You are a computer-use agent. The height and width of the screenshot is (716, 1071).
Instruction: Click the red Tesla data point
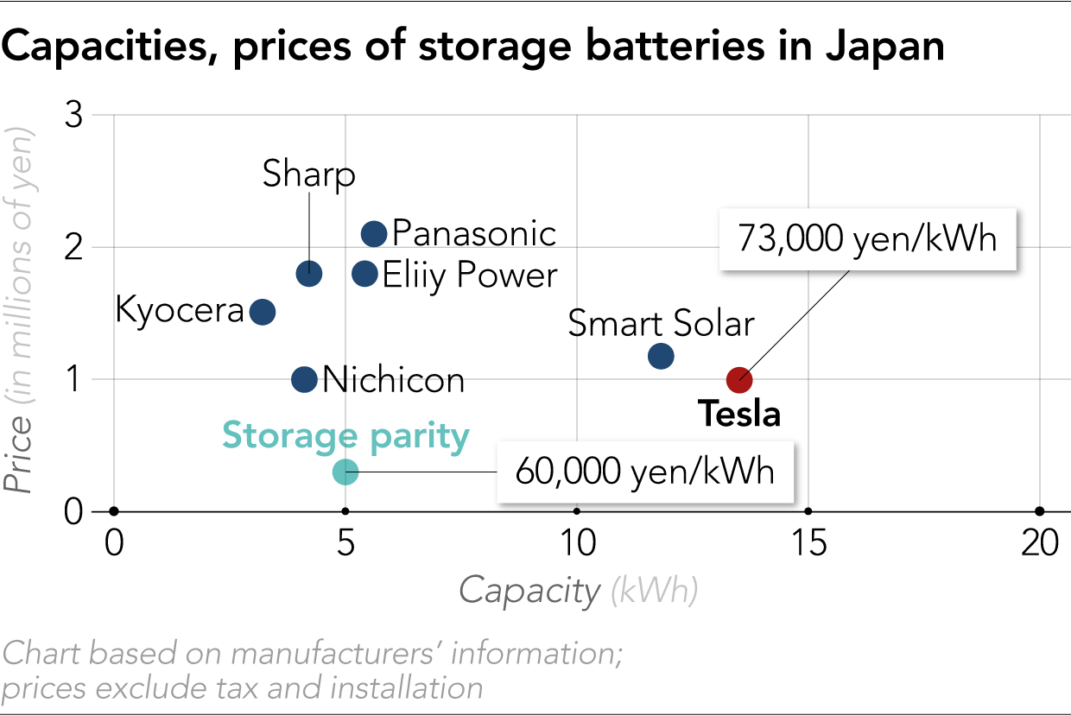739,379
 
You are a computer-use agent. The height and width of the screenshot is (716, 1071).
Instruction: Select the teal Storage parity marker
345,472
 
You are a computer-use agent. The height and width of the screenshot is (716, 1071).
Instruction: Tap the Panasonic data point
374,233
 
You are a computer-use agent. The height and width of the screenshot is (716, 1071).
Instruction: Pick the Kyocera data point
263,312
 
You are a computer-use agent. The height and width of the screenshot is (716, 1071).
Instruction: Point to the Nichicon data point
304,379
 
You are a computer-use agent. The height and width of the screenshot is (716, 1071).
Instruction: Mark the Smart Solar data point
661,356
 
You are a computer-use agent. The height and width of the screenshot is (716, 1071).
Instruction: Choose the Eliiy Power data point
365,274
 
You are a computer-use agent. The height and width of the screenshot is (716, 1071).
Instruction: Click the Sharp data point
309,274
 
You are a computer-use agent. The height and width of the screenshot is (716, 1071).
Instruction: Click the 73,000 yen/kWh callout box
867,238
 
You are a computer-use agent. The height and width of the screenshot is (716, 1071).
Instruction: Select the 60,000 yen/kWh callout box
644,472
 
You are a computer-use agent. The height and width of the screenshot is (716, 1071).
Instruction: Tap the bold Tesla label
739,415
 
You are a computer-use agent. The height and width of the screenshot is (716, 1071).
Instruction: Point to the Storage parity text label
345,435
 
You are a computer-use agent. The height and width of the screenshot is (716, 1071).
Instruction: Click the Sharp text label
309,174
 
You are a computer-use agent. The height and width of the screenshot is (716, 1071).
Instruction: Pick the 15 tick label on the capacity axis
808,543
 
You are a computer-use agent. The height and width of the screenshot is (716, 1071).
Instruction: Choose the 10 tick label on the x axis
577,543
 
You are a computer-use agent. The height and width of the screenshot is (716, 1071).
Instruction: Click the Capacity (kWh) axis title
578,591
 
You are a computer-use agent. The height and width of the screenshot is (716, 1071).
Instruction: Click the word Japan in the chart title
884,48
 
